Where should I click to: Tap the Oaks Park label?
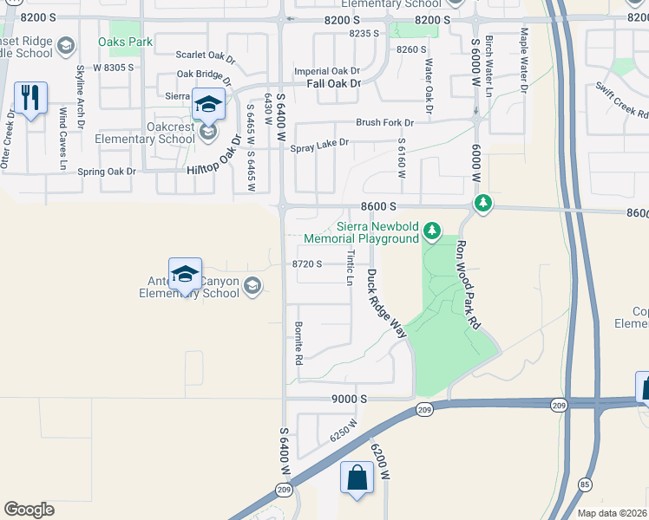[127, 42]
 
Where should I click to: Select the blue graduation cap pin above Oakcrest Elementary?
[207, 105]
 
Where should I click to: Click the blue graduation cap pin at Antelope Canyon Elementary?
[185, 275]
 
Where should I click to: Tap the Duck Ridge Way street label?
[387, 302]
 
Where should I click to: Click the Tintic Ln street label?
[351, 270]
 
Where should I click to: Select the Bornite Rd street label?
[298, 342]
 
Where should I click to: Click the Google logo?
[29, 510]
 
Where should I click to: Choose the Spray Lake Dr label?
[319, 143]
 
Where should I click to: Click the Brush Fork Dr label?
[384, 122]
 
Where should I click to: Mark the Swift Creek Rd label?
[621, 100]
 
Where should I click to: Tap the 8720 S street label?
[308, 263]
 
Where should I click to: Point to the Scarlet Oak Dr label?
[206, 56]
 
